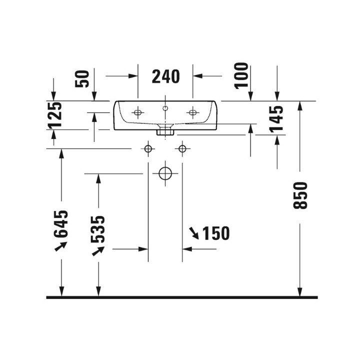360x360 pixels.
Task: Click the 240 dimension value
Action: pos(166,76)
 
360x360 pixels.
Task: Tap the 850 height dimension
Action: pos(300,195)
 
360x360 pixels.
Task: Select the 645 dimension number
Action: pos(61,224)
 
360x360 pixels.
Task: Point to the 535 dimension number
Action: pos(98,229)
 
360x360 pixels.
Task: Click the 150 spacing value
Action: pos(216,233)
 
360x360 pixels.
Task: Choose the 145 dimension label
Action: pos(276,119)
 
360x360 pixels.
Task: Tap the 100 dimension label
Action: pos(241,75)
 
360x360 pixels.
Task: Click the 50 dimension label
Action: pos(82,79)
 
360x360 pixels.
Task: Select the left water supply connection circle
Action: pos(148,149)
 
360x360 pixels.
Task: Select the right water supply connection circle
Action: pos(182,149)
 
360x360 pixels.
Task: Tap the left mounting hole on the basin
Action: pos(138,112)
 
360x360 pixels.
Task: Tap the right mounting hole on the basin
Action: pos(193,112)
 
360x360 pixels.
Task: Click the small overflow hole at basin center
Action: pos(165,108)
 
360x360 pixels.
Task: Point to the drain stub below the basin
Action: pos(165,132)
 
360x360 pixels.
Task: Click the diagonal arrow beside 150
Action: pos(194,233)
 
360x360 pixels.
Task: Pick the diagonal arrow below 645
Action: pos(61,246)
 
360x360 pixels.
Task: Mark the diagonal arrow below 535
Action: pos(98,251)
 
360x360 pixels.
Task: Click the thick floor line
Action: pos(182,297)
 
